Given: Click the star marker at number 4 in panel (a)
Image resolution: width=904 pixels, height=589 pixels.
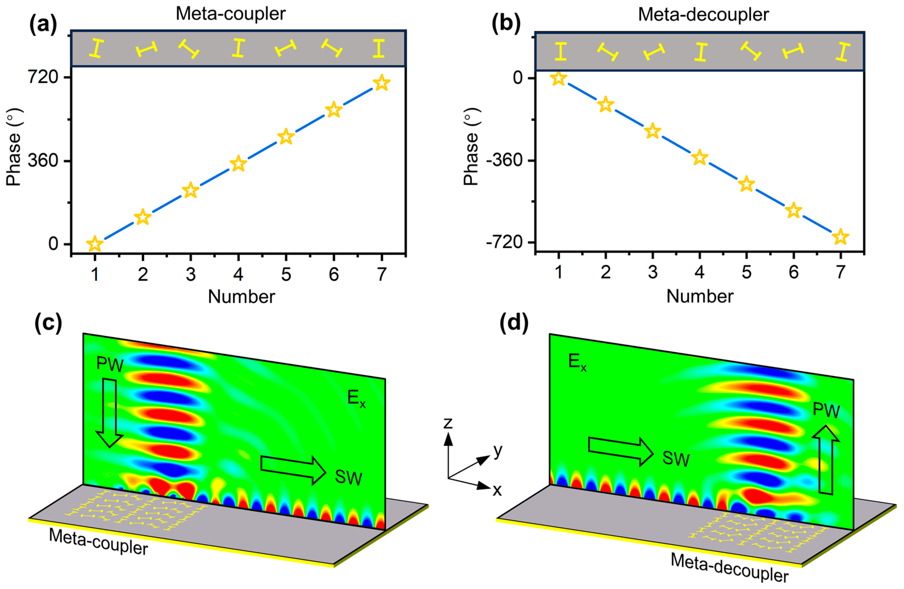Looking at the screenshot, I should click(238, 163).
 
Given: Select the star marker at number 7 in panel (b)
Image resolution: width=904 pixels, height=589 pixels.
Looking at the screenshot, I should click(841, 237).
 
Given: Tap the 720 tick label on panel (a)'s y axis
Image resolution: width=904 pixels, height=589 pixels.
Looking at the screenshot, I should click(43, 77).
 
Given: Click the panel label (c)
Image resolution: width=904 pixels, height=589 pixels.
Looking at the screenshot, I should click(48, 323).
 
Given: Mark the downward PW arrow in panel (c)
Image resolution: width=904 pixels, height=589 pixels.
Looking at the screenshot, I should click(109, 412).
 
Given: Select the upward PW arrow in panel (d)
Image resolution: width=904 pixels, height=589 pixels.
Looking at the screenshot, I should click(826, 460).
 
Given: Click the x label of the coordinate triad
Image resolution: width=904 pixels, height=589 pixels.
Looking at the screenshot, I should click(497, 491).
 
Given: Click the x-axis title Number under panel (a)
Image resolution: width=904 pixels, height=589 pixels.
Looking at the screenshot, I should click(242, 297).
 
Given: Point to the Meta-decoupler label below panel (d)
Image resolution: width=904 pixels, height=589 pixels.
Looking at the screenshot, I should click(729, 567).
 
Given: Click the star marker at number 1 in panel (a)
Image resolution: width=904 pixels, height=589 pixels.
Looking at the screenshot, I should click(95, 244).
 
